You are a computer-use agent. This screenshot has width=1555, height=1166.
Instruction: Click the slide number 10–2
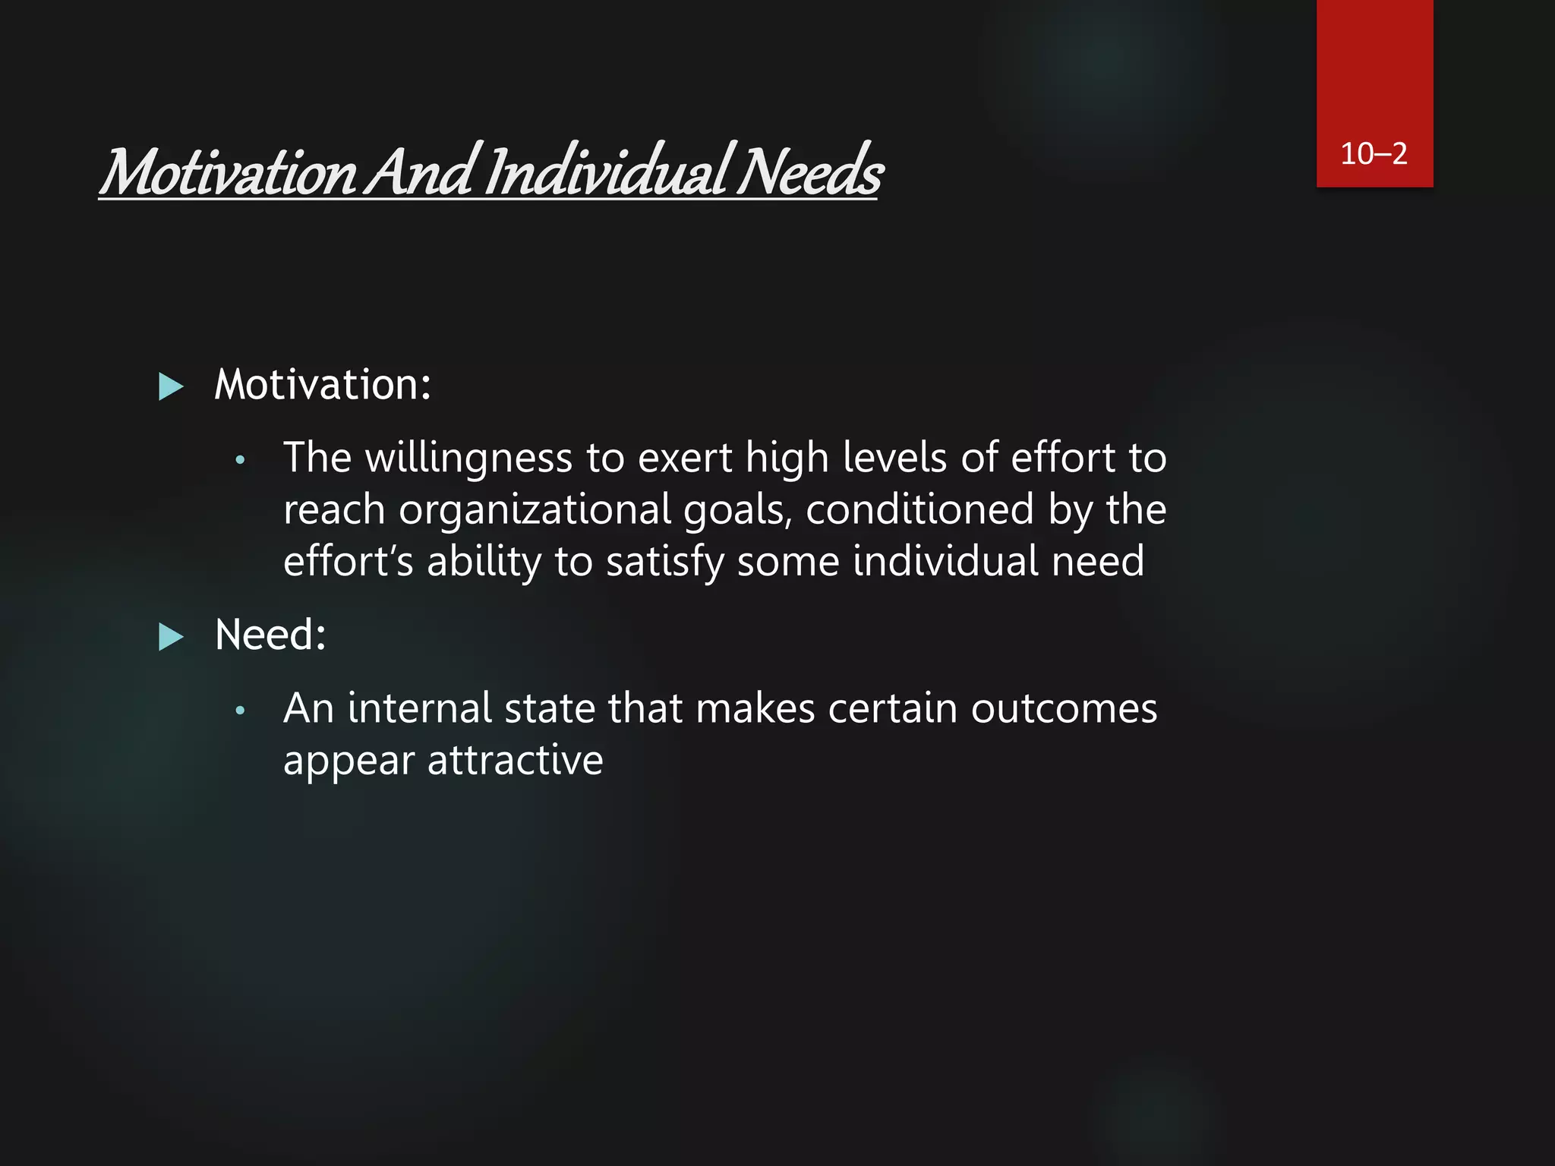point(1374,154)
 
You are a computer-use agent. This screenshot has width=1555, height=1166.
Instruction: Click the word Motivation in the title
point(229,172)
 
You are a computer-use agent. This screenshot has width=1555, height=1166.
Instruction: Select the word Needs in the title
point(810,172)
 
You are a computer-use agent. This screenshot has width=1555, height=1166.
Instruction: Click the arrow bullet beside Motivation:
point(171,386)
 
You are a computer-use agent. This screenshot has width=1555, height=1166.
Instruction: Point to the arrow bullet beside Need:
point(171,637)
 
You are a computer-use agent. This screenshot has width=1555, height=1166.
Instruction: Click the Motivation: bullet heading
point(323,385)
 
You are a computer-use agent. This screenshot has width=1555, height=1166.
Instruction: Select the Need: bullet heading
point(270,635)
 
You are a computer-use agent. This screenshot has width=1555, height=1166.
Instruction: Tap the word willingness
point(468,459)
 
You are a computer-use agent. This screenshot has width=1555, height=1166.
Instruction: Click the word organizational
point(535,509)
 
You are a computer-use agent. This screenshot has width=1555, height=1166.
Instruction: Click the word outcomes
point(1064,708)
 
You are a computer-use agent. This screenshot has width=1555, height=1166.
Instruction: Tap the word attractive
point(515,760)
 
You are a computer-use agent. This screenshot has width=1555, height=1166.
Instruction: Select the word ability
point(484,563)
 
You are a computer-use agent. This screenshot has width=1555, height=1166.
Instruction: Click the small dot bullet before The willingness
point(240,460)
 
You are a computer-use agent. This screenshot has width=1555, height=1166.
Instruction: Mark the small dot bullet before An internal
point(240,711)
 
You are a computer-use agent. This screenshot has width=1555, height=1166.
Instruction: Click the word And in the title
point(422,172)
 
